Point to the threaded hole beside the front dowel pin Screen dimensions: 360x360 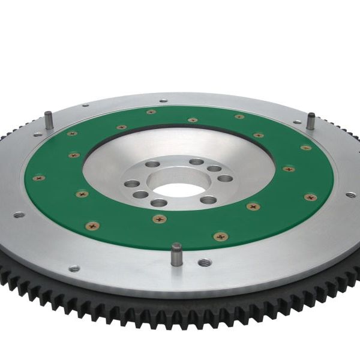tap(204, 262)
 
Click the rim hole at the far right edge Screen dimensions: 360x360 tap(350, 195)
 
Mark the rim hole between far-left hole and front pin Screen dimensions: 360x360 tap(74, 268)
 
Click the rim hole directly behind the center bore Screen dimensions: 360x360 tap(163, 101)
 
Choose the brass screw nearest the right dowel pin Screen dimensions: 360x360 tap(306, 147)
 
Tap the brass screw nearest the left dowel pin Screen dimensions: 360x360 tap(72, 133)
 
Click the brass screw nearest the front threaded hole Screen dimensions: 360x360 tap(221, 236)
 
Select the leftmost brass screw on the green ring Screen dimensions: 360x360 tap(39, 178)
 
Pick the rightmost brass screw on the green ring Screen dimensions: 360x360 tap(310, 197)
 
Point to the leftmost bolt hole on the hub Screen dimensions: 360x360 tap(128, 184)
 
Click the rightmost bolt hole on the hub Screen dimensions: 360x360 tap(225, 178)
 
